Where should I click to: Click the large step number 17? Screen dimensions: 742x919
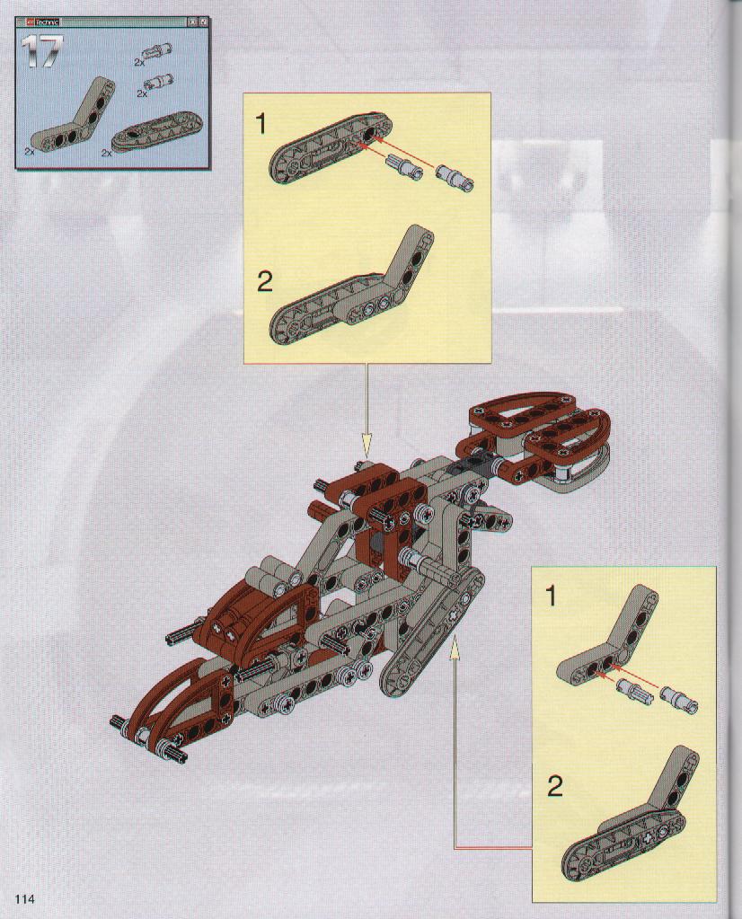(x=41, y=53)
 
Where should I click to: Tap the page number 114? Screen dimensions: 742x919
(x=25, y=899)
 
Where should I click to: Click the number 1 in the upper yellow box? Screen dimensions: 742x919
(x=261, y=125)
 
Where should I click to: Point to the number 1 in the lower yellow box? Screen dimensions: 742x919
(x=550, y=597)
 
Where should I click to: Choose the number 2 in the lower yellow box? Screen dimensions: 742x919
(x=554, y=786)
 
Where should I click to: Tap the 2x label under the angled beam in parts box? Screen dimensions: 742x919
(x=30, y=151)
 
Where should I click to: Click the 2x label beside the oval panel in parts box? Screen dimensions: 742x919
(x=107, y=153)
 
